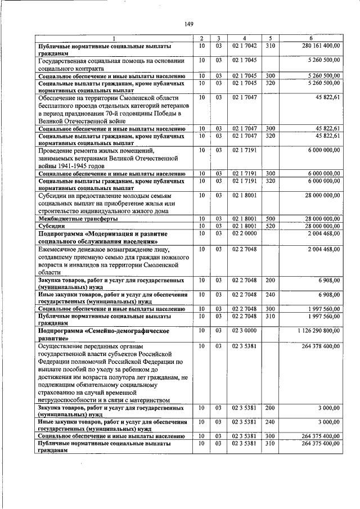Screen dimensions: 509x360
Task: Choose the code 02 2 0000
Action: [x=244, y=233]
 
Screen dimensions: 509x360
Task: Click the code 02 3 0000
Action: [x=244, y=332]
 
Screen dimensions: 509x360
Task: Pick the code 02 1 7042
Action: [x=244, y=45]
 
